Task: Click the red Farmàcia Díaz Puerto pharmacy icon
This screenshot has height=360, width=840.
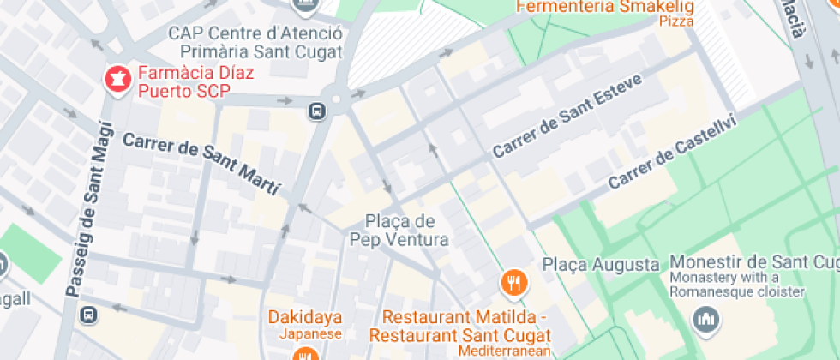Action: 115,81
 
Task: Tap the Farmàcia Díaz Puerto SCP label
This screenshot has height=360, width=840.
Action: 190,81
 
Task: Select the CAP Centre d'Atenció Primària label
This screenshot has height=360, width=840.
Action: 255,42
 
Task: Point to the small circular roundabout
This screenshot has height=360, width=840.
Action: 336,100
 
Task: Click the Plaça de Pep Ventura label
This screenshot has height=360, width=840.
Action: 399,229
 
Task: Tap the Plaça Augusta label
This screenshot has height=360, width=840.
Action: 601,265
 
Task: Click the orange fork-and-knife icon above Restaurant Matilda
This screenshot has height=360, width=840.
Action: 513,281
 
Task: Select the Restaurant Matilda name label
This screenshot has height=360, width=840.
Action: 465,325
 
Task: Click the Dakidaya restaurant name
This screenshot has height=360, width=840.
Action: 305,317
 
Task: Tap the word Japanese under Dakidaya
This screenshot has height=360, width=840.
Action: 305,334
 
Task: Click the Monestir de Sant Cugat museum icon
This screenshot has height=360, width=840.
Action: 706,321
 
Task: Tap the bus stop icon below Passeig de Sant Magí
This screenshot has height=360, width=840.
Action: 89,315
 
